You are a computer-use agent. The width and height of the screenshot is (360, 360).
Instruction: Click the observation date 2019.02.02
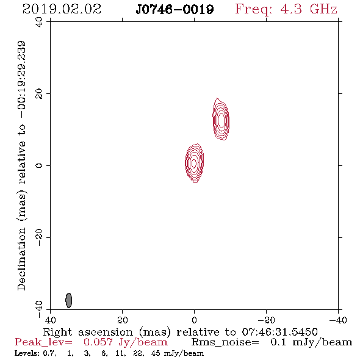coord(62,9)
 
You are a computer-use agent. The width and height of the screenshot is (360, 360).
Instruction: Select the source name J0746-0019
coord(175,10)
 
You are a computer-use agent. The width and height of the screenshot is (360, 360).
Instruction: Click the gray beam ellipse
coord(69,300)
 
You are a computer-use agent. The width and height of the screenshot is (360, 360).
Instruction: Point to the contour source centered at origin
coord(195,163)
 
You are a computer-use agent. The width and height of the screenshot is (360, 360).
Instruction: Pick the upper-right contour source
coord(221,120)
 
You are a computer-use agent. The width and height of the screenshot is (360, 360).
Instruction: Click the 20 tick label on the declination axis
coord(39,94)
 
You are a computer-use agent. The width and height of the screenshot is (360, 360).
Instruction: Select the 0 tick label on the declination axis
coord(39,165)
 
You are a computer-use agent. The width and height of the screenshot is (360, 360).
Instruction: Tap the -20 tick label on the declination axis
coord(39,237)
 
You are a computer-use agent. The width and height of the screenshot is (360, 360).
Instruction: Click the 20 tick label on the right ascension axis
coord(122,320)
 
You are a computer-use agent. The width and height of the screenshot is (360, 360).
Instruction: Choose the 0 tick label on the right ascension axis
coord(194,320)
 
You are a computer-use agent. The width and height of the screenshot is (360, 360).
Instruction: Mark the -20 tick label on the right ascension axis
coord(266,320)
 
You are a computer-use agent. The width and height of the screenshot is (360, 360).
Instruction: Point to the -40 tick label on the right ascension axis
coord(338,320)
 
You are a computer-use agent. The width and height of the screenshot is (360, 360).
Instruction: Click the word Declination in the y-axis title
coord(21,259)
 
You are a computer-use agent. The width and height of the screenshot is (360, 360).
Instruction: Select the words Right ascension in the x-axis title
coord(88,332)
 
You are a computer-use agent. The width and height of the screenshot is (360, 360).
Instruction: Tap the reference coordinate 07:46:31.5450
coord(279,332)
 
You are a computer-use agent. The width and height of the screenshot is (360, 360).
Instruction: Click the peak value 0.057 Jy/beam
coord(126,342)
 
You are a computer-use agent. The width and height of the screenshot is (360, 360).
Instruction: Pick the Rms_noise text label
coord(225,342)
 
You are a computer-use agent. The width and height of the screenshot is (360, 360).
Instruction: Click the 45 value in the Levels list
coord(156,353)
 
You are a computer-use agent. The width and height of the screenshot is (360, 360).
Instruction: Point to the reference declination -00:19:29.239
coord(21,80)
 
